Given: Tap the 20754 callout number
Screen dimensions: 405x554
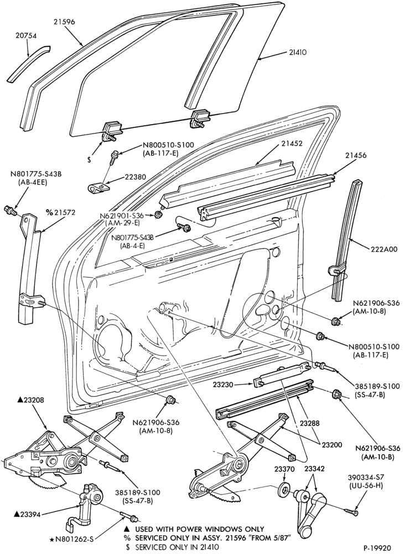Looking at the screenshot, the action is (x=26, y=35).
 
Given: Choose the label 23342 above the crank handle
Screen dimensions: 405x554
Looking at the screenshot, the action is (x=314, y=469).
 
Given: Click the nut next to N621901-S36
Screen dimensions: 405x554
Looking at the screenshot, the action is (x=158, y=215).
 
